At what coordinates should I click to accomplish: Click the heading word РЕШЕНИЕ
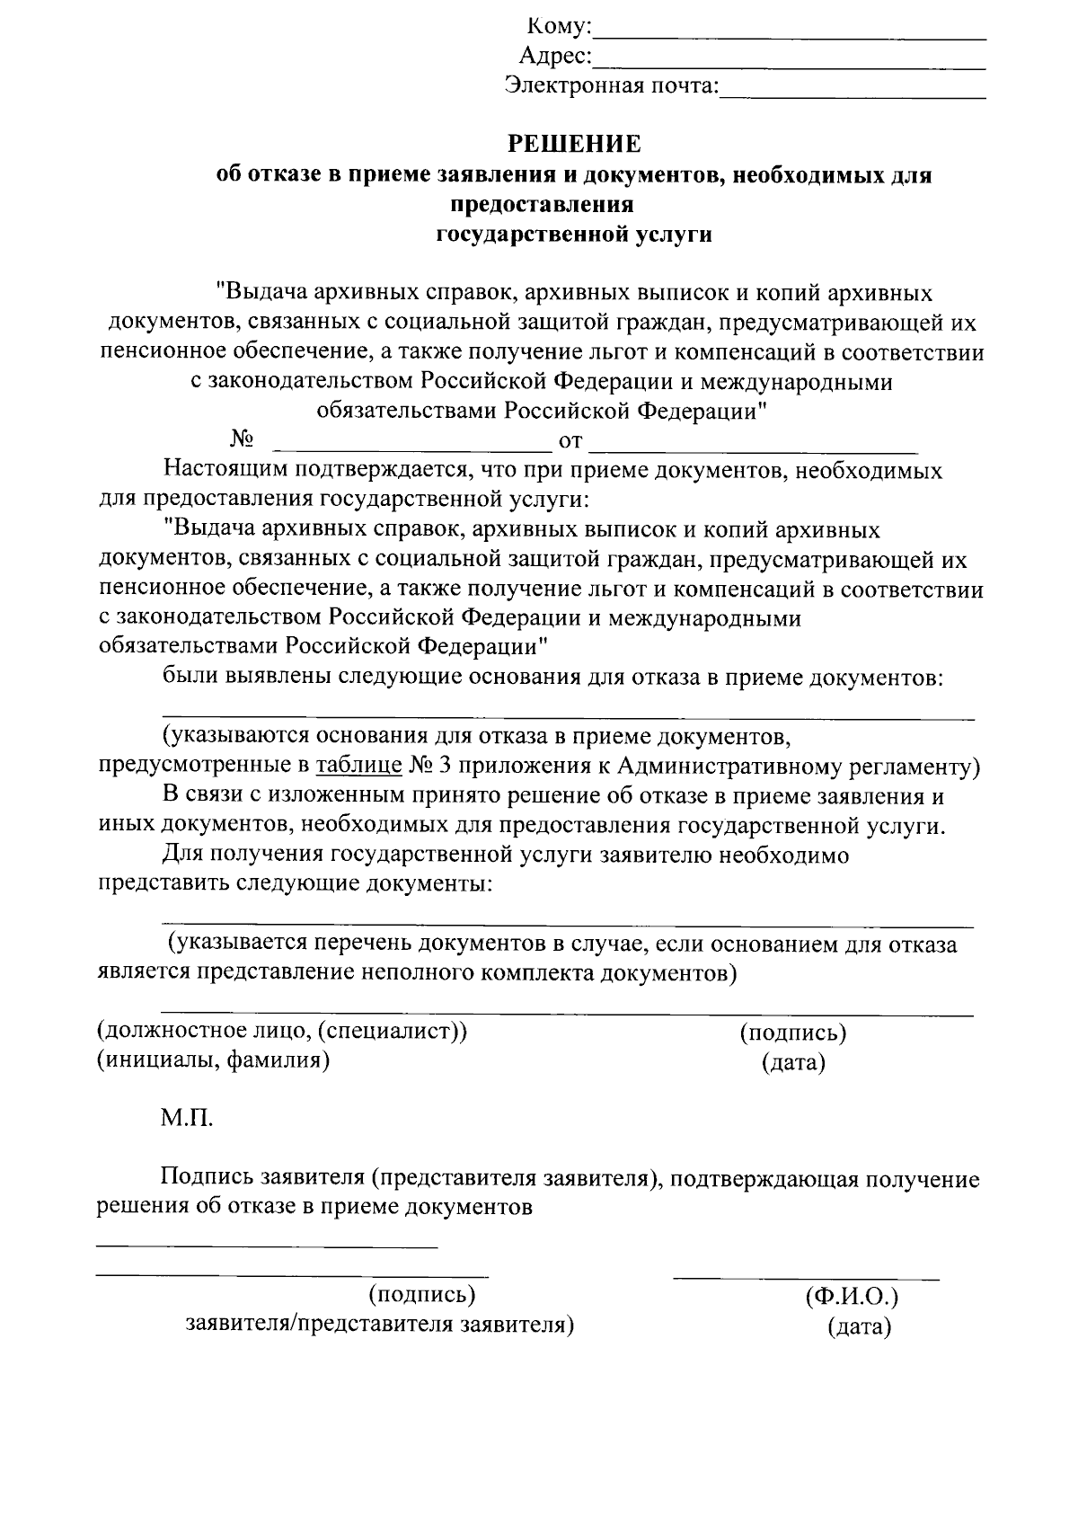(x=575, y=144)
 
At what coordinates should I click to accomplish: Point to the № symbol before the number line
(x=242, y=439)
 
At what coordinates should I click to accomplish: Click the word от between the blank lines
(x=571, y=441)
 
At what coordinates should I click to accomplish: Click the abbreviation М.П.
(x=188, y=1119)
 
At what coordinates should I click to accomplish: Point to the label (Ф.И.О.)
(x=852, y=1297)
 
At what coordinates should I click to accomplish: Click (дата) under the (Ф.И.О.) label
(x=860, y=1326)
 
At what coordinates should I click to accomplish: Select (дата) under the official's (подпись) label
(x=793, y=1063)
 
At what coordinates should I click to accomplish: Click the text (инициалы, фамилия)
(x=213, y=1060)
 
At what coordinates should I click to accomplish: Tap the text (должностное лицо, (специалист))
(x=282, y=1031)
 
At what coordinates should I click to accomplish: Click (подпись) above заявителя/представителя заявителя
(x=421, y=1295)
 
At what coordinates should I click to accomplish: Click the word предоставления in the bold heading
(x=542, y=205)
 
